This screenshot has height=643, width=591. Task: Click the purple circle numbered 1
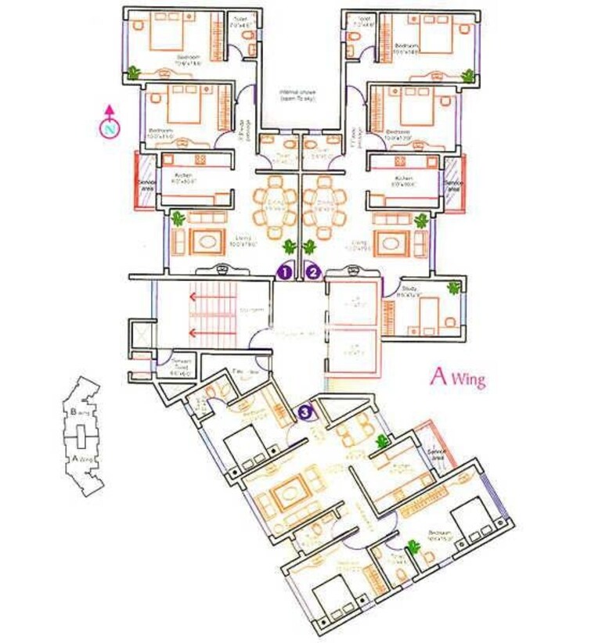[x=285, y=272]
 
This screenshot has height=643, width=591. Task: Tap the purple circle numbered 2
[x=313, y=272]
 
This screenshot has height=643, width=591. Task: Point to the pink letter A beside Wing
[x=438, y=376]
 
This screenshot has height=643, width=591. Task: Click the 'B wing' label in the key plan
[x=78, y=411]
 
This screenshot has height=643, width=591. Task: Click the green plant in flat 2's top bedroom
[x=467, y=76]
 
